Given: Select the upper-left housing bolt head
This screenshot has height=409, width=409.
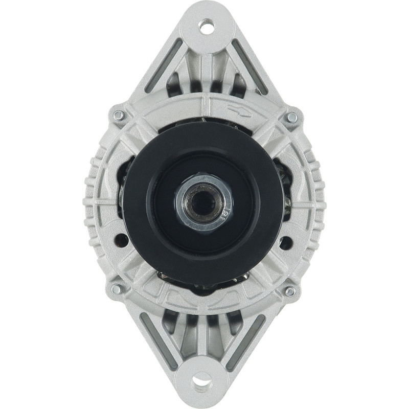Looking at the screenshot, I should (x=118, y=116).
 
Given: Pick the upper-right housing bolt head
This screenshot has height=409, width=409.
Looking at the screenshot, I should (x=291, y=117).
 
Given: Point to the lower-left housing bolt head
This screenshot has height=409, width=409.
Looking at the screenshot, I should (x=117, y=289).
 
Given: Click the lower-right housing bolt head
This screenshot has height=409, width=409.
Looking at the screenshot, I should (x=290, y=291).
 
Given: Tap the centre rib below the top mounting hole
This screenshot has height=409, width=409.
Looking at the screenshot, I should (x=206, y=66).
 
